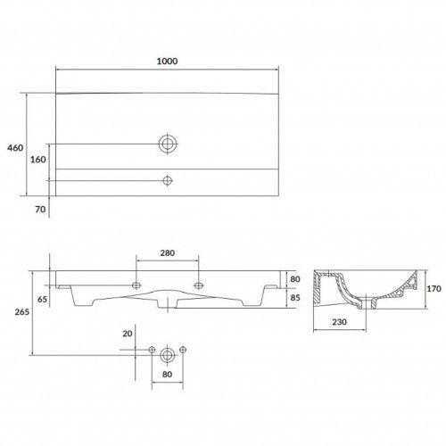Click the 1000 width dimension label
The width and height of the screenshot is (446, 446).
pyautogui.click(x=167, y=62)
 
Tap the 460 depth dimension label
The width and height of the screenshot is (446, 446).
pyautogui.click(x=15, y=148)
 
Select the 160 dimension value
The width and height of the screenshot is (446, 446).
pyautogui.click(x=38, y=160)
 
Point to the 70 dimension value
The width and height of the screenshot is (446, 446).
pyautogui.click(x=40, y=210)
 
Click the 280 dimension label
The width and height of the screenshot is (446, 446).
pyautogui.click(x=168, y=253)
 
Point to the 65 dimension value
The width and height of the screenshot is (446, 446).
pyautogui.click(x=42, y=299)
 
